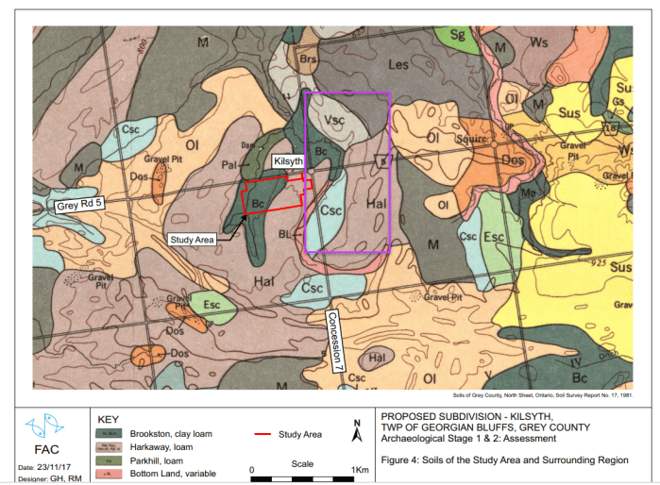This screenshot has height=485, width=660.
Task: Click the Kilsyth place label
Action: pos(289,162)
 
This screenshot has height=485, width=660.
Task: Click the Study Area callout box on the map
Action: pos(192,240)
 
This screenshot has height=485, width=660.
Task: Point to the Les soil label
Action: pos(398,65)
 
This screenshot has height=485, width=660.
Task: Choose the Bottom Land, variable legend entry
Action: pos(173,473)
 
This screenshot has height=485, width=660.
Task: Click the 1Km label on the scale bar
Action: pos(359,468)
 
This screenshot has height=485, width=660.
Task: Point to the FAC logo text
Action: pos(44,450)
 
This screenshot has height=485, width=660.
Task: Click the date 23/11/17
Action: pos(55,468)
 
